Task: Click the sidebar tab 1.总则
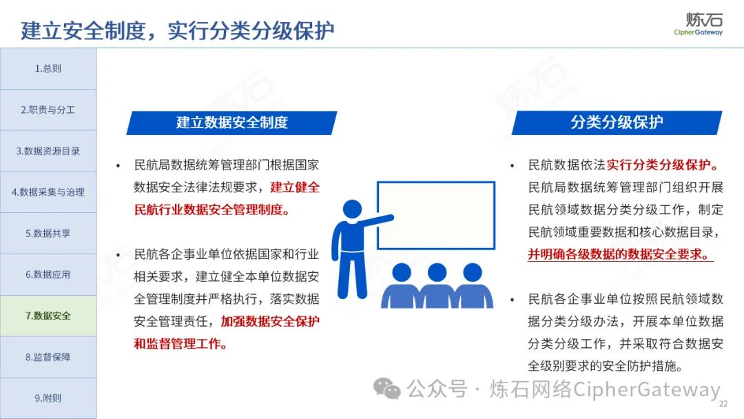[48, 68]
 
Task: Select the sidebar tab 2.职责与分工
[48, 110]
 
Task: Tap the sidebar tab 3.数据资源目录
[48, 151]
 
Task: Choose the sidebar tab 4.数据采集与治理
[48, 192]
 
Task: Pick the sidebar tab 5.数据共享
[48, 234]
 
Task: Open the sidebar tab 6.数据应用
[48, 274]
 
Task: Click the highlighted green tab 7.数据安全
[48, 316]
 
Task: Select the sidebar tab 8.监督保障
[48, 357]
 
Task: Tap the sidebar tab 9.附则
[48, 398]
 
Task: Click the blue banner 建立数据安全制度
[231, 123]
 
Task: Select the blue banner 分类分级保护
[617, 123]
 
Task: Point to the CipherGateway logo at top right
[699, 24]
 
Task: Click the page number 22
[723, 404]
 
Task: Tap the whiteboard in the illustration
[436, 216]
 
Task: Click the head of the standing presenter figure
[352, 209]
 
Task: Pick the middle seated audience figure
[437, 286]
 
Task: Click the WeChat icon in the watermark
[386, 389]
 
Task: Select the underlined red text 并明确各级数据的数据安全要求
[621, 254]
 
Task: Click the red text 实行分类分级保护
[663, 165]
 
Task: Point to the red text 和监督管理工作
[180, 344]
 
